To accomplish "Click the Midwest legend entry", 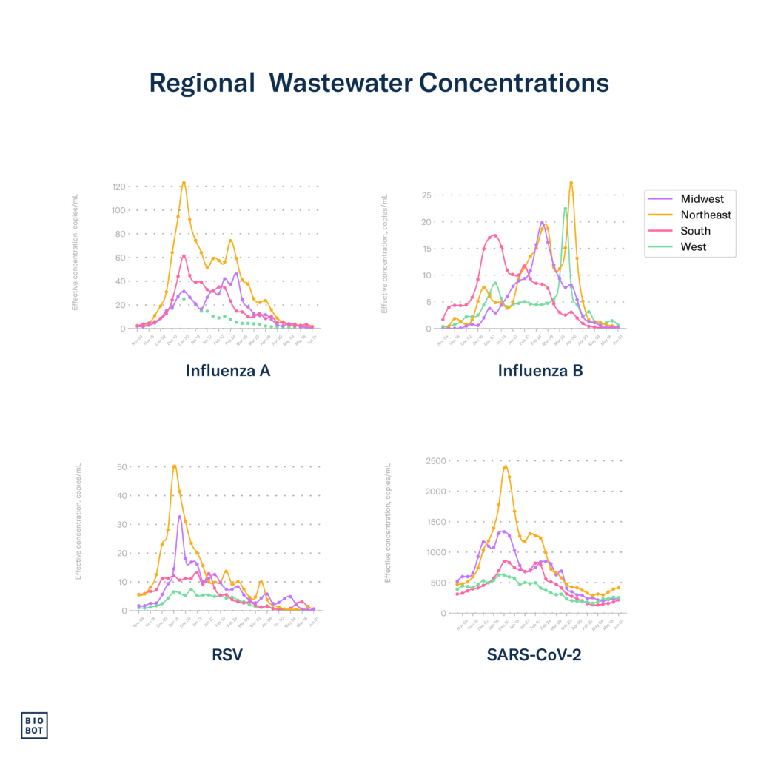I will click(702, 198).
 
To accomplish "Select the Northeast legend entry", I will click(705, 215).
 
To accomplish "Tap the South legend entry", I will click(695, 231).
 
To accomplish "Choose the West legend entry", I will click(694, 247).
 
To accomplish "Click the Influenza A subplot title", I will click(228, 371).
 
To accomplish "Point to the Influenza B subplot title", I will click(540, 371).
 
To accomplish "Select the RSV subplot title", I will click(227, 654).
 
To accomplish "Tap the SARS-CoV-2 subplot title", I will click(534, 654).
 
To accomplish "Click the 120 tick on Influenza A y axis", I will click(118, 187).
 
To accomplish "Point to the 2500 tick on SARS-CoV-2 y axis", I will click(435, 462).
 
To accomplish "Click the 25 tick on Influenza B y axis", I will click(426, 195).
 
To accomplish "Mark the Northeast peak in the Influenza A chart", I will click(184, 183).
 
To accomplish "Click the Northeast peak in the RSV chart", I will click(174, 466).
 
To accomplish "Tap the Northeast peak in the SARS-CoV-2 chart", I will click(506, 466).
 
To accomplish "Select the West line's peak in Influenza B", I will click(566, 208).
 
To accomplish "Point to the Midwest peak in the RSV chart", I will click(180, 516).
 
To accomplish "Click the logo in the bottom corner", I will click(33, 725).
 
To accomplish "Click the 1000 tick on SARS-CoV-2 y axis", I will click(435, 552).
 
